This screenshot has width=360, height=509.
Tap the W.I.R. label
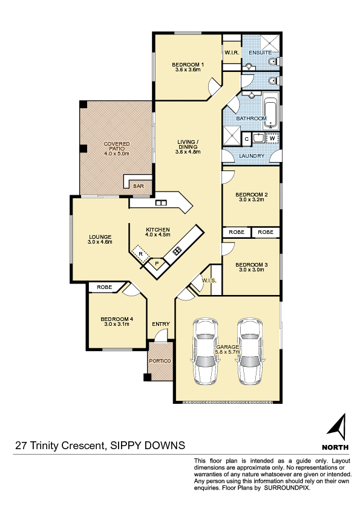pos(232,53)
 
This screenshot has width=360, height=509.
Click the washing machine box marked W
pos(273,138)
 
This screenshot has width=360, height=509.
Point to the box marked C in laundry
pos(247,139)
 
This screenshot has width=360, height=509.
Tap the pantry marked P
pos(157,263)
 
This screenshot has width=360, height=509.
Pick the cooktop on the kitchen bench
pos(177,251)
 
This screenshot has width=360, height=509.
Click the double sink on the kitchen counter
pos(161,203)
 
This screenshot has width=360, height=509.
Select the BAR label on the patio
pos(139,186)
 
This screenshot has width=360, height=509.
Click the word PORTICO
pos(160,361)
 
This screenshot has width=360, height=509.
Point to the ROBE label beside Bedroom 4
pos(104,287)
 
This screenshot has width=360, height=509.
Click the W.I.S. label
pos(209,280)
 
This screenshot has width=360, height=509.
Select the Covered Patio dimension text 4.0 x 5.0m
pos(117,154)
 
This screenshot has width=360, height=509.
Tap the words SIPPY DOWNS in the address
pos(148,446)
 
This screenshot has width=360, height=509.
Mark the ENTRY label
pos(161,324)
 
